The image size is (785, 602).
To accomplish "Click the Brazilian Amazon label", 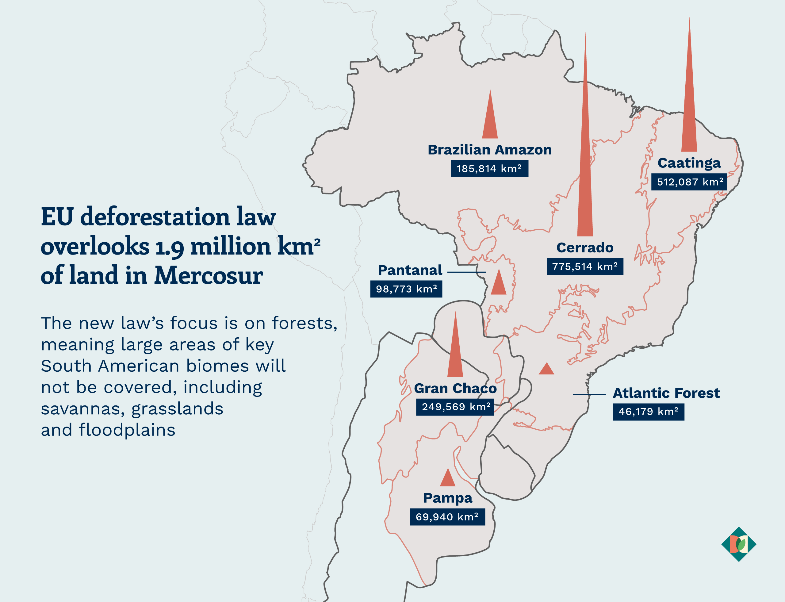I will (489, 150).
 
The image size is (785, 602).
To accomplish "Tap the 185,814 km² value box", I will (489, 168).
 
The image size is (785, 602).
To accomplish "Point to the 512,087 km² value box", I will (689, 182).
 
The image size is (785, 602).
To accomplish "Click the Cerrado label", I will (585, 247).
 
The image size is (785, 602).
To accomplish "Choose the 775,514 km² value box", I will (585, 266).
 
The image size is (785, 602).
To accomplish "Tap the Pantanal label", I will (410, 270).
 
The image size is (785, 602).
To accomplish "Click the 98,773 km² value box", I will (406, 289).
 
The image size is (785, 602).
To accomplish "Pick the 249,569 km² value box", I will (455, 407).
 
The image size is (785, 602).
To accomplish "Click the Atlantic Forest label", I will (666, 393).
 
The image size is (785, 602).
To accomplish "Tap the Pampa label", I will (447, 498).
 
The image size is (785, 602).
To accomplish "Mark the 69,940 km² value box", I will (447, 517).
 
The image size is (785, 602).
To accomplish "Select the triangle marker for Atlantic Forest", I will (546, 370).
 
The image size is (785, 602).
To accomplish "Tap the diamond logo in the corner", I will (738, 544).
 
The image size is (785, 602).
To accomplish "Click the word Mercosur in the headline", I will (209, 276).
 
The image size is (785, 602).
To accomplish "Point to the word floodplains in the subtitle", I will (127, 430).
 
